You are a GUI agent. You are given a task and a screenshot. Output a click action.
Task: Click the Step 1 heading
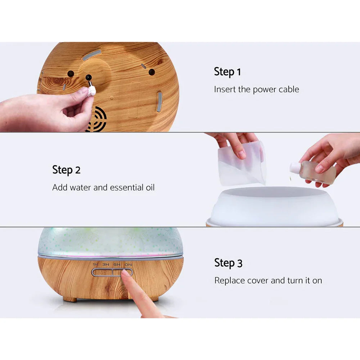[x=227, y=72]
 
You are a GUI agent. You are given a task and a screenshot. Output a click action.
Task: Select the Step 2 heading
[x=66, y=170]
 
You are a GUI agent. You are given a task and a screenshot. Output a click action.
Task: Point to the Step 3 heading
[x=228, y=263]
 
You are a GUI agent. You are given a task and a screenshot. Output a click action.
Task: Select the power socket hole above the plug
[x=88, y=77]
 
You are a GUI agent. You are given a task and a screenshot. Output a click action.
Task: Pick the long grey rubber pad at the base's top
[x=91, y=55]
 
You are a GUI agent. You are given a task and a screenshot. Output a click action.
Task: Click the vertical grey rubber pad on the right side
[x=159, y=101]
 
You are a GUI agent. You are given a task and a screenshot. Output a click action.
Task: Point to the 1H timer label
[x=95, y=265]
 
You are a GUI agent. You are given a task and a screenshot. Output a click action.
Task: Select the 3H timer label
[x=106, y=265]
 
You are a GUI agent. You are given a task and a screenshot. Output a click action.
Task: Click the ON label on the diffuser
[x=128, y=265]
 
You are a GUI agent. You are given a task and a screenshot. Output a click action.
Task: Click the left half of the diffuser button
[x=102, y=273]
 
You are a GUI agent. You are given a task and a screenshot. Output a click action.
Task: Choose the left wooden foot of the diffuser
[x=70, y=299]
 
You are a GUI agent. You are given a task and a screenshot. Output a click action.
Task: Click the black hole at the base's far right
[x=152, y=72]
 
